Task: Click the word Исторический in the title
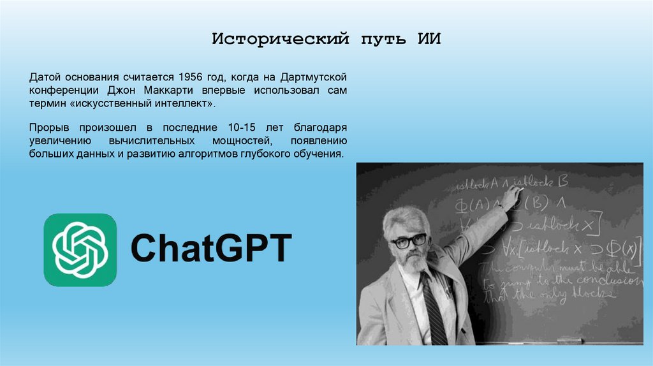tap(281, 40)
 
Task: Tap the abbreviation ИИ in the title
tap(429, 40)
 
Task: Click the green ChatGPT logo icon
tap(80, 249)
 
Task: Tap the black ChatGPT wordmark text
tap(211, 249)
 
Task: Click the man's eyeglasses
tap(408, 241)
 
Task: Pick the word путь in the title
tap(380, 40)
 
